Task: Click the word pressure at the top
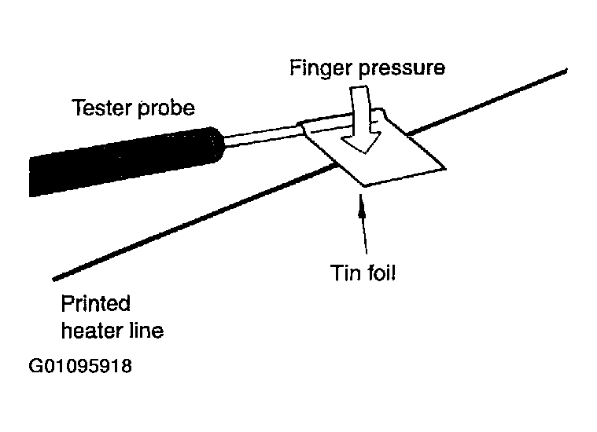401,69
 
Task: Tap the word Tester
102,108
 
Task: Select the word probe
166,108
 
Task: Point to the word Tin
345,273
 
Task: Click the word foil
381,273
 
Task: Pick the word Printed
95,303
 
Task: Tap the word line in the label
146,331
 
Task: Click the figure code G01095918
80,366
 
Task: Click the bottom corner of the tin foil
365,186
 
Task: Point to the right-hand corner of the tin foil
445,168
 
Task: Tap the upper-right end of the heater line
566,70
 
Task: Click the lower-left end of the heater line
53,280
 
